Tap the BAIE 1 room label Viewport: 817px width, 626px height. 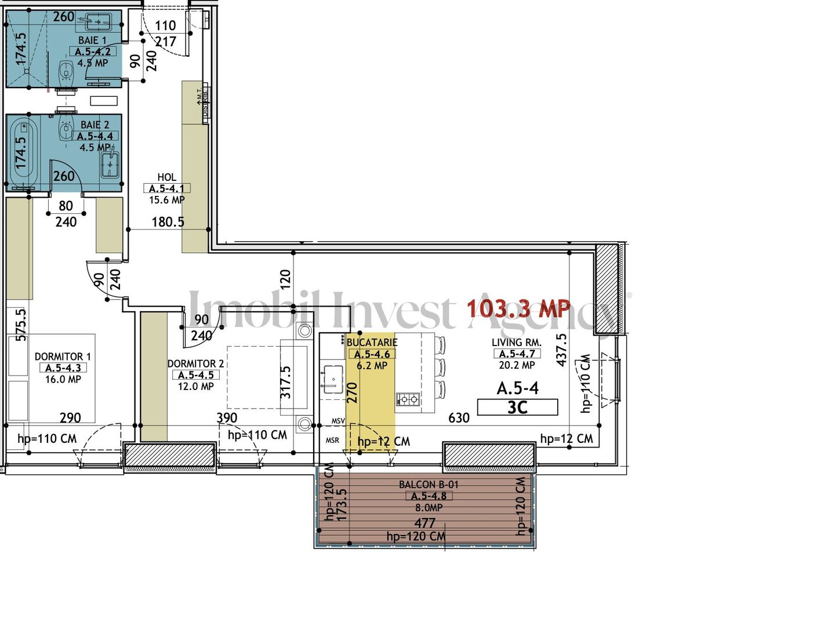(x=92, y=40)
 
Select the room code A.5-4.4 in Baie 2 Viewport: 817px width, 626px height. (x=95, y=136)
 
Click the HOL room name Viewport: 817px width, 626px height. (x=166, y=177)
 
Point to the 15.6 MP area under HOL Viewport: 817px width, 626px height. (x=166, y=200)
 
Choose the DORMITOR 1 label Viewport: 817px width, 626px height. (x=63, y=356)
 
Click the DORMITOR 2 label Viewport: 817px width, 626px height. (x=195, y=363)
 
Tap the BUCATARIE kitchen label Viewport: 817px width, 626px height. (x=372, y=343)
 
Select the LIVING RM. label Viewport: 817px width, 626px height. (x=516, y=343)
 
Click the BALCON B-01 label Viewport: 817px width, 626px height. (x=429, y=485)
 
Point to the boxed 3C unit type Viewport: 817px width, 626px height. (x=517, y=407)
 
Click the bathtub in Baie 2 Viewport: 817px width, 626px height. (x=24, y=150)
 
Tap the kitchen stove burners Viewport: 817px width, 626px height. (x=407, y=399)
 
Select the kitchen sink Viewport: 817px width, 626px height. (x=333, y=378)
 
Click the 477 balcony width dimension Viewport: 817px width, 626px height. (x=424, y=523)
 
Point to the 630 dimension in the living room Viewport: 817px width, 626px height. (x=459, y=418)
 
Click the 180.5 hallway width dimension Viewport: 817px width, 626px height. (x=168, y=222)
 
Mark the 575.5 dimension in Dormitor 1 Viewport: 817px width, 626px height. (x=21, y=325)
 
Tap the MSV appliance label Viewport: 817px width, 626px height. (x=338, y=421)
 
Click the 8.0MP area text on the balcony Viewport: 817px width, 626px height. (x=429, y=508)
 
